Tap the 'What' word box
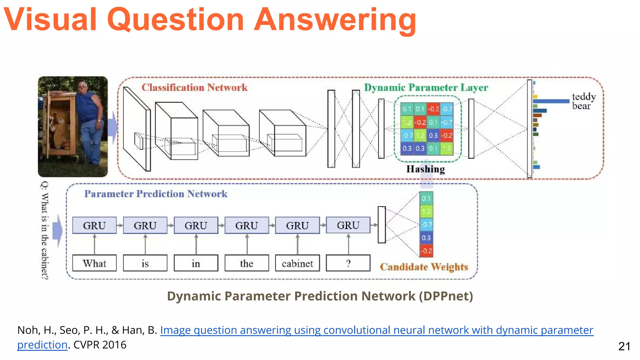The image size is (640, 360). click(x=94, y=263)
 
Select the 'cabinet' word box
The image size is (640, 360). click(x=297, y=263)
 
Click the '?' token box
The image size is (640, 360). click(x=348, y=263)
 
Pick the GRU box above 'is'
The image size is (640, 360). click(x=145, y=225)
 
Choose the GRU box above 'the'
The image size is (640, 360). click(x=247, y=225)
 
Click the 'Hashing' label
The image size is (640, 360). click(x=425, y=169)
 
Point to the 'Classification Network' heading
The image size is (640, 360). click(x=194, y=87)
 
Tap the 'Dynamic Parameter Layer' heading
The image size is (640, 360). click(x=426, y=87)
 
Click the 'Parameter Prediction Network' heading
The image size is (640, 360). click(x=156, y=194)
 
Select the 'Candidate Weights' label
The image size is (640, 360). click(x=424, y=267)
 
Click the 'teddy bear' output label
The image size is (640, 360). click(x=583, y=101)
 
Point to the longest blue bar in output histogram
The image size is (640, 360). click(x=551, y=101)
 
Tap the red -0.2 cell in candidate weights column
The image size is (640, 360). click(x=426, y=251)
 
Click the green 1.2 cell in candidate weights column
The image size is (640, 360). click(x=426, y=212)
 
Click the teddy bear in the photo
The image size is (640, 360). click(x=60, y=128)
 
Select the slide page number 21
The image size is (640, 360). click(x=624, y=346)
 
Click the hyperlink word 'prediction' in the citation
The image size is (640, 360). click(x=42, y=345)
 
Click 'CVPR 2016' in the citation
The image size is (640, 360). click(x=100, y=345)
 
